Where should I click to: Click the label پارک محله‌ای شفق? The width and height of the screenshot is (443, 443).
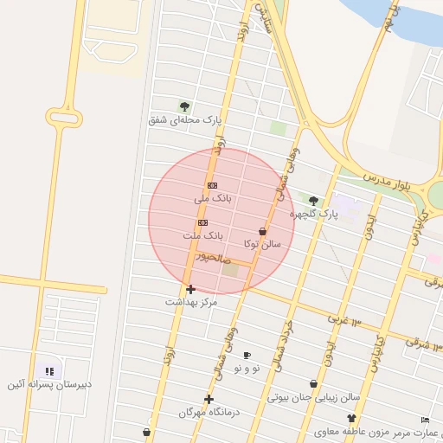185,120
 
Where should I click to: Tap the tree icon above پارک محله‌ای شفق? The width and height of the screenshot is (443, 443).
184,106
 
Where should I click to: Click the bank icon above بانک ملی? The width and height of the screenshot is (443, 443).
212,185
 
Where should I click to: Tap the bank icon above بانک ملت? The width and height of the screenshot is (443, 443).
202,222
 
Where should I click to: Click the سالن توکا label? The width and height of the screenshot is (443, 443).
263,245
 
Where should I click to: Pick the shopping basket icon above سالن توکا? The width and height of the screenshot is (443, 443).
262,232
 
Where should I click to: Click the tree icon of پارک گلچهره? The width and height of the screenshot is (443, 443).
313,201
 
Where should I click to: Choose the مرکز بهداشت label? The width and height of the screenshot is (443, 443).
191,302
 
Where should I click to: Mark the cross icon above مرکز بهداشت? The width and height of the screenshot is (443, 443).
190,289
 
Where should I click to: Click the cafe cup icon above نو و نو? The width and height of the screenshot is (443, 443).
247,356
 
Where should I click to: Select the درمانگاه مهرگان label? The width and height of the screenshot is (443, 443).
208,413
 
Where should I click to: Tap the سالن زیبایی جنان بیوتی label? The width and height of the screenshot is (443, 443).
312,398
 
